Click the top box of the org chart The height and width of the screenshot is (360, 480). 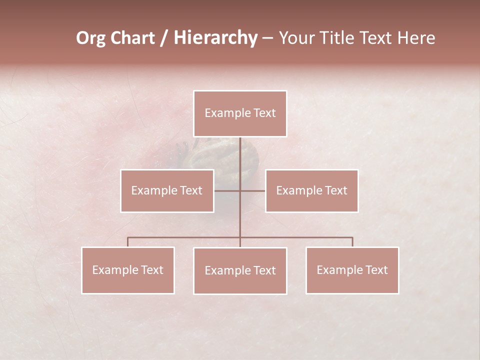click(240, 113)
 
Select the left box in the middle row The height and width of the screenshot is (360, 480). click(167, 191)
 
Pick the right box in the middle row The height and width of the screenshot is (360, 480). click(311, 191)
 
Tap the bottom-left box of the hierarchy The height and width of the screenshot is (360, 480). click(128, 270)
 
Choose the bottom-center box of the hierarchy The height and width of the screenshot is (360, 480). click(240, 271)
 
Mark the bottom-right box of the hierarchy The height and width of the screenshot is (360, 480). click(352, 270)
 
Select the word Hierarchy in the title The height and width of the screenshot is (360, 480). click(215, 38)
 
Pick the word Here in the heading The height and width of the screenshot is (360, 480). click(416, 38)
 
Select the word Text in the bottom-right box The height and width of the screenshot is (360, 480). click(376, 270)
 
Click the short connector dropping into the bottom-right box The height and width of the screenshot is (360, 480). click(352, 242)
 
